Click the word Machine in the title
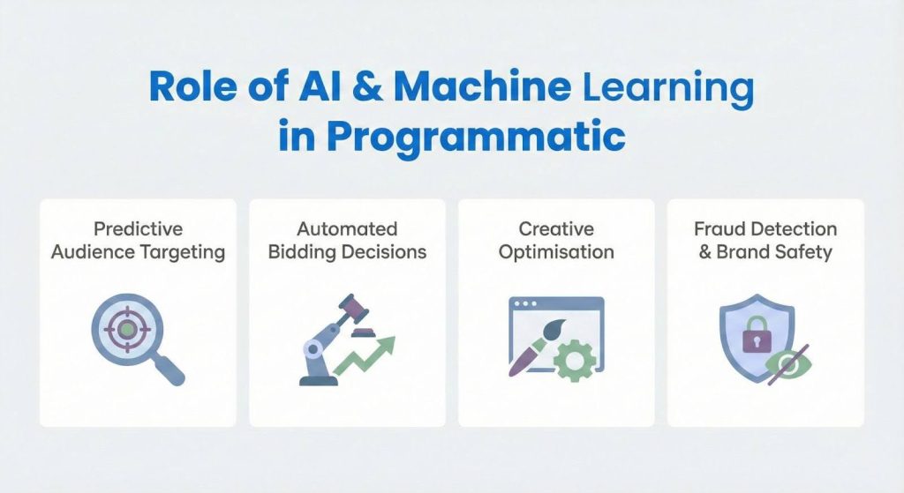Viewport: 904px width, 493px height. tap(482, 89)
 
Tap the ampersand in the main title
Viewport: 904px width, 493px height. tap(364, 89)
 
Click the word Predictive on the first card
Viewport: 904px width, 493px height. tap(138, 229)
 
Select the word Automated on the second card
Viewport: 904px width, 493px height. tap(347, 229)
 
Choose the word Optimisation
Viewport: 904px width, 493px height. tap(556, 252)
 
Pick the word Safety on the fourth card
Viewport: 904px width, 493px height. tap(802, 252)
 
